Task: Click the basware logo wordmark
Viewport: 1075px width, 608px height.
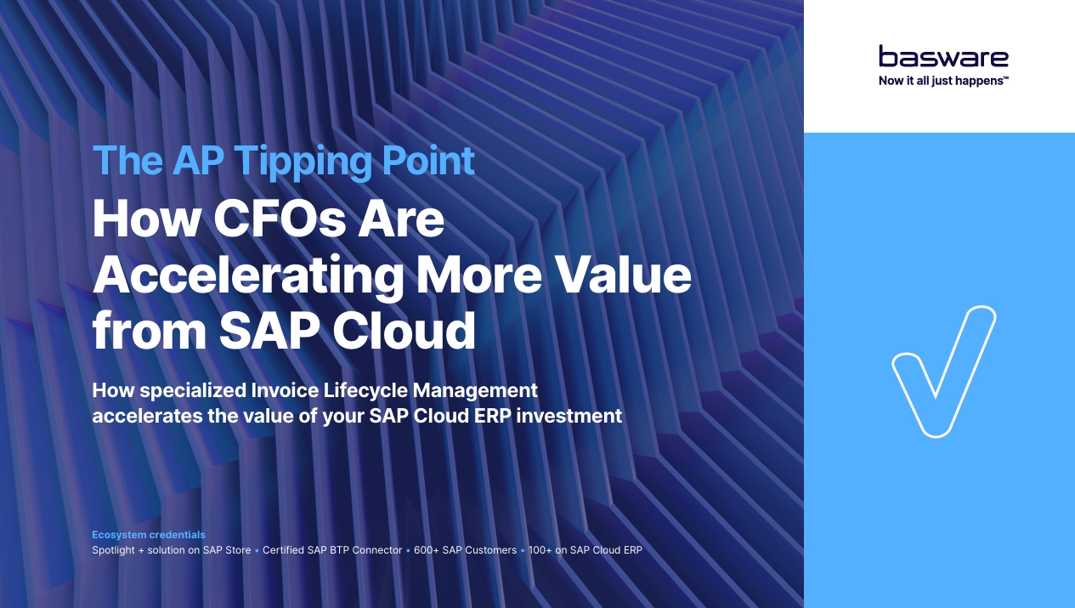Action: (x=943, y=56)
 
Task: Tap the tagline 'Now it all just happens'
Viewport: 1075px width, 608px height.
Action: (x=943, y=81)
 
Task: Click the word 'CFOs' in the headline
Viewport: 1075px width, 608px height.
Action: (x=280, y=219)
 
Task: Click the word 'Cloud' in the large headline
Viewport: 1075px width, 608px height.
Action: (x=405, y=331)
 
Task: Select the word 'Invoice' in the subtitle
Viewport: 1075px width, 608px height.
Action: (x=285, y=390)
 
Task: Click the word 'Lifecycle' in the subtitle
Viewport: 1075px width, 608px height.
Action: (x=365, y=391)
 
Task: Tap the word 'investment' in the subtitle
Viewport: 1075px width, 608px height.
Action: (x=569, y=416)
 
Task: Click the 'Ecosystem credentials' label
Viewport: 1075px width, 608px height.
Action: (x=149, y=535)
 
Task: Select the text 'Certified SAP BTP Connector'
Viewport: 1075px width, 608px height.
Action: (x=332, y=550)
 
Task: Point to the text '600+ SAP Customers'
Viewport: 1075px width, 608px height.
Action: (x=465, y=550)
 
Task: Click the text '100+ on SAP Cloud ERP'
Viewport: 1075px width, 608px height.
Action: (x=585, y=550)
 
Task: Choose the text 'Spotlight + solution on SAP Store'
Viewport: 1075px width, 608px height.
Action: (x=172, y=550)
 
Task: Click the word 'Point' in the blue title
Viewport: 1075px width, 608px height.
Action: (x=428, y=160)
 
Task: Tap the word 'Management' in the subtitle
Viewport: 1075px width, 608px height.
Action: (x=475, y=391)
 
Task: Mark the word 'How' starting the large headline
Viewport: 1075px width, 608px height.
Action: (x=146, y=219)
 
